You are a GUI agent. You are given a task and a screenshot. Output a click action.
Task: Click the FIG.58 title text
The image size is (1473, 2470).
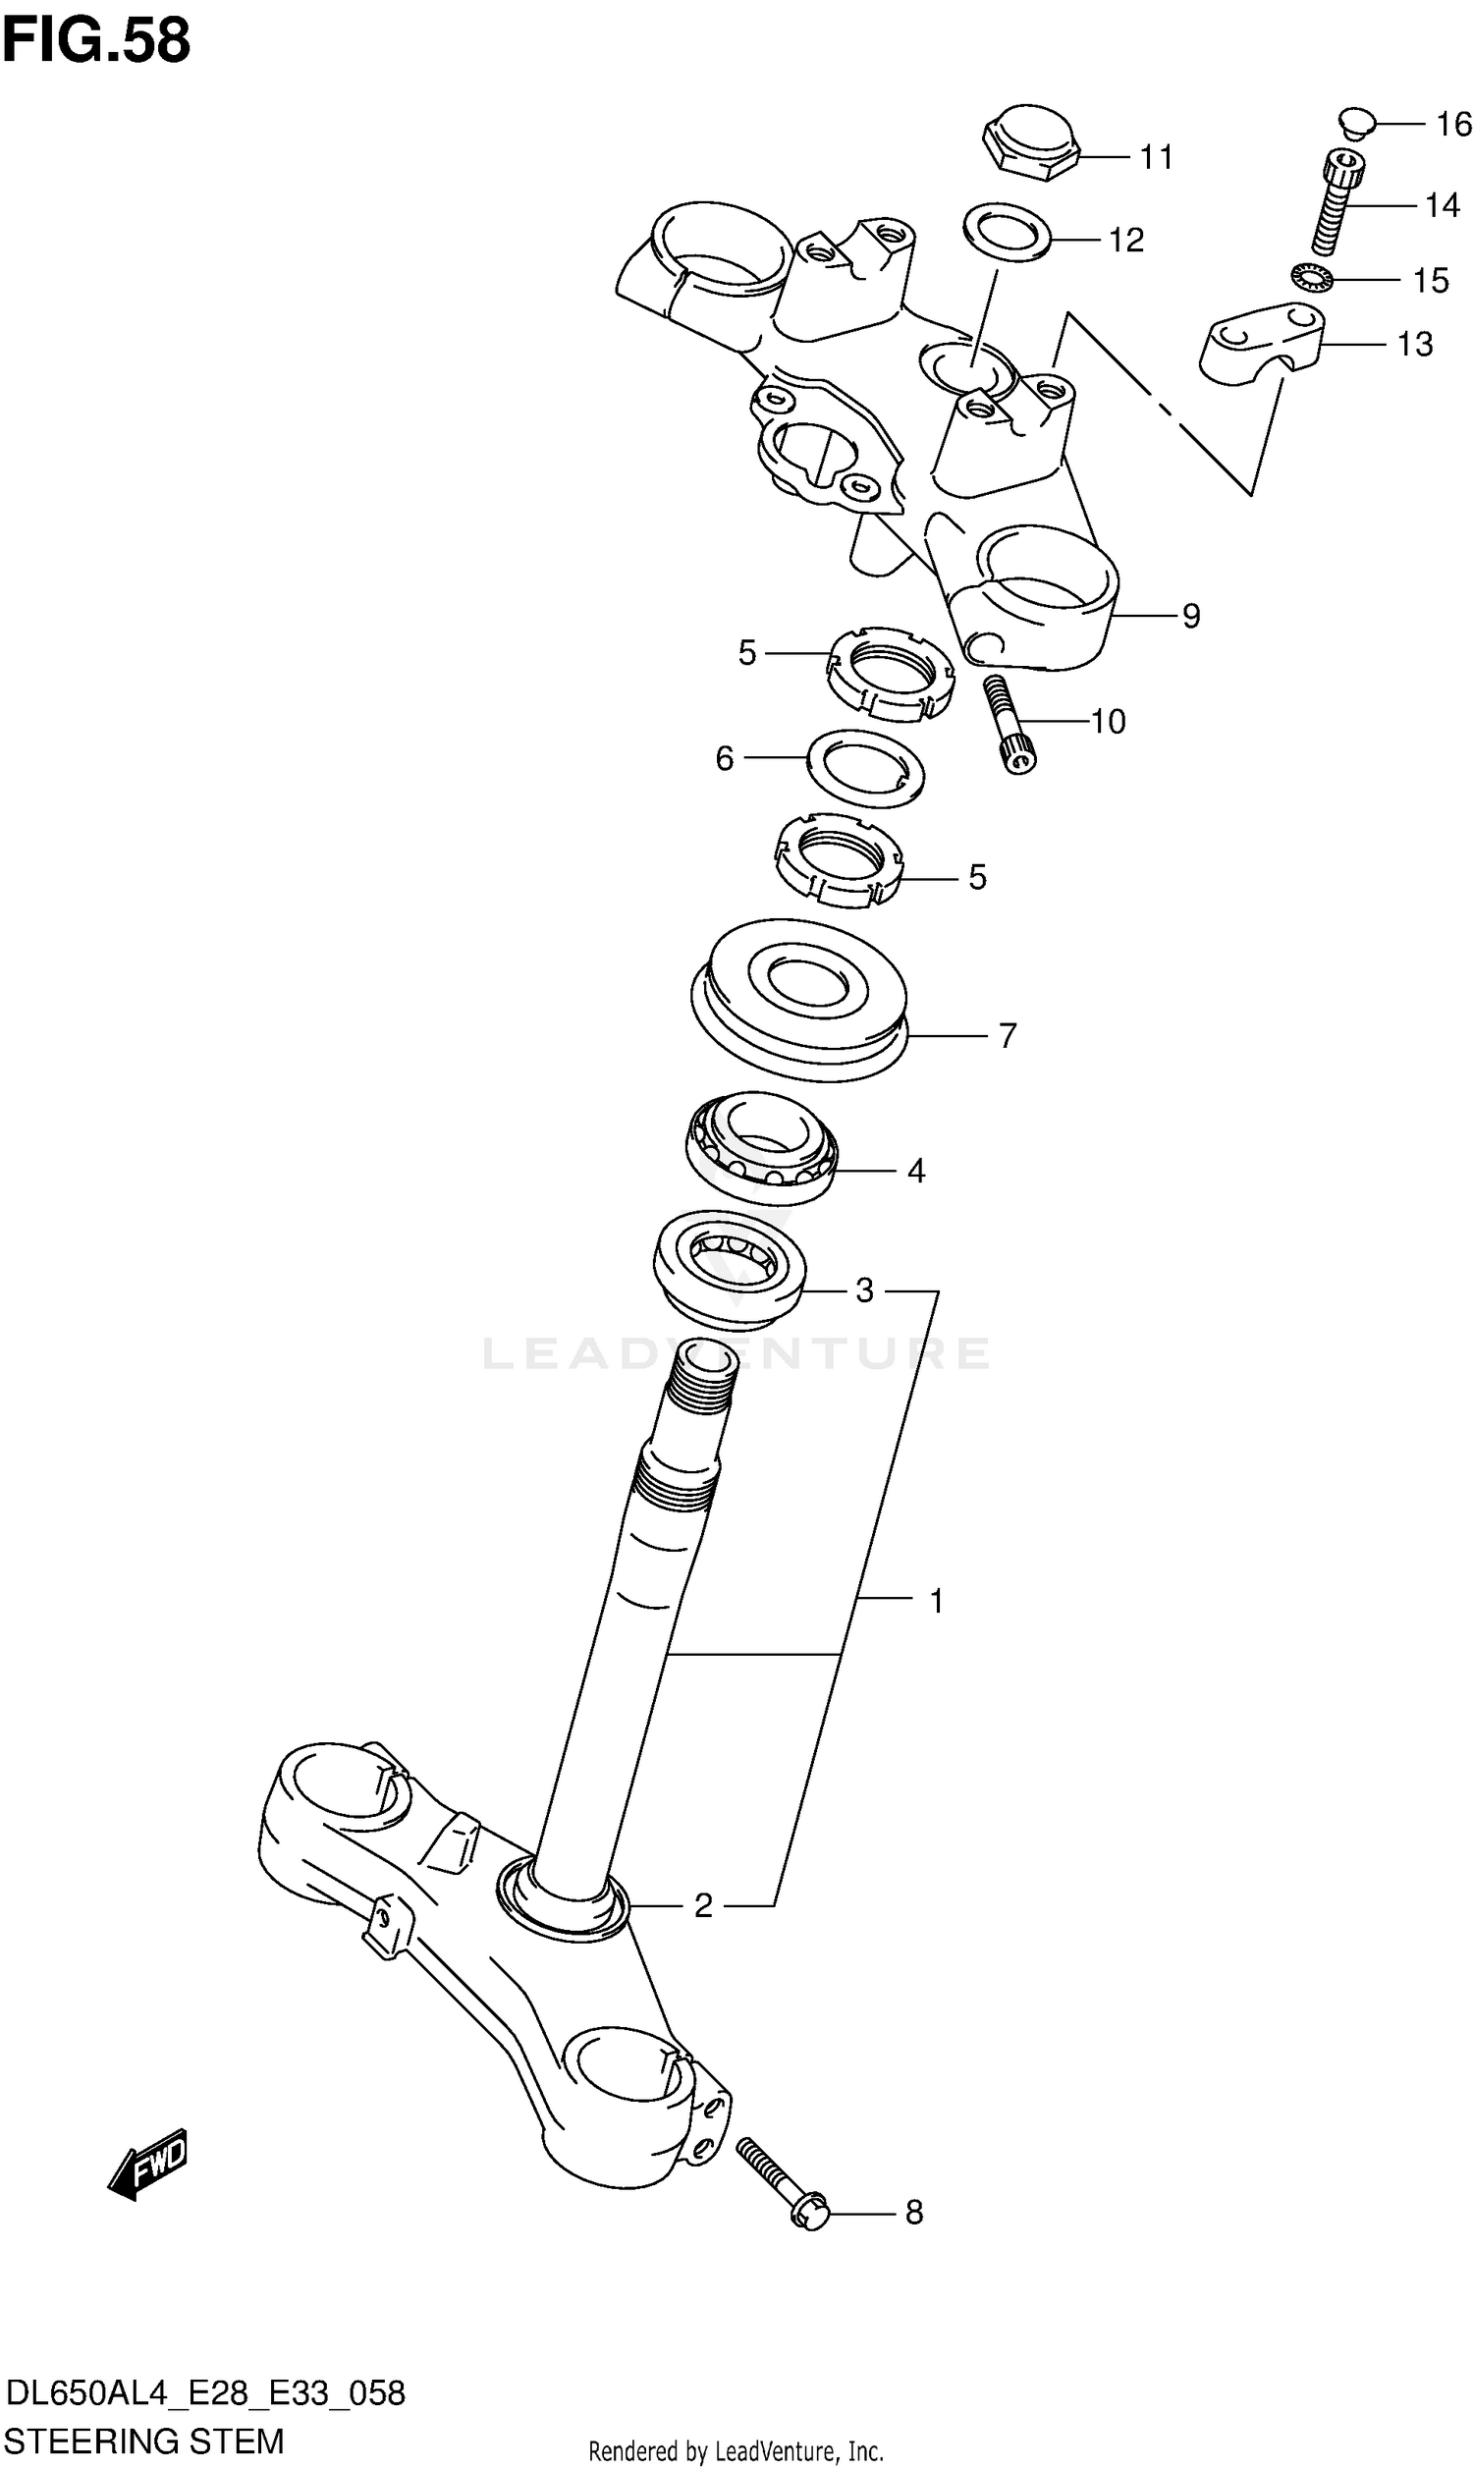pos(95,41)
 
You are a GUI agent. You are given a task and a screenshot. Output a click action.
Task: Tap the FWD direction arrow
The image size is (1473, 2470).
pos(148,2164)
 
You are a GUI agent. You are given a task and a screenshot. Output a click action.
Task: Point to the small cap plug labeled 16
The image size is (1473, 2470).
pos(1354,122)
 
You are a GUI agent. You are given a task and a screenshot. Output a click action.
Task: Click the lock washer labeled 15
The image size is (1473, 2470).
pos(1312,279)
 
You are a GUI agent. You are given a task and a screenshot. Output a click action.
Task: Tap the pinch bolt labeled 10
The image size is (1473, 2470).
pos(1009,725)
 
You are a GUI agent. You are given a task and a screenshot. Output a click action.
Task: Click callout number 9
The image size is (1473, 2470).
pos(1191,616)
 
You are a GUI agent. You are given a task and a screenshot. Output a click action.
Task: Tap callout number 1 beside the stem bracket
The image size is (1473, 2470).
pos(935,1600)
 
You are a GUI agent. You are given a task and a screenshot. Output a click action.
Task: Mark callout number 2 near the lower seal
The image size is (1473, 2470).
pos(703,1905)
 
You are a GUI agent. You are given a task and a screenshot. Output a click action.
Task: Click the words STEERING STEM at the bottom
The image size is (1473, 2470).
pos(145,2441)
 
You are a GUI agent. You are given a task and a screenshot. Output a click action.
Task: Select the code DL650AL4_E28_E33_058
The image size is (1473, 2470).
pos(205,2393)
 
